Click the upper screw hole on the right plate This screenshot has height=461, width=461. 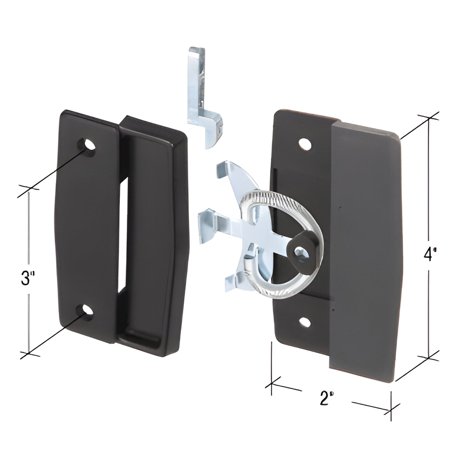click(305, 144)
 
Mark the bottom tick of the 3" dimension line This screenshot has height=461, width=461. click(29, 353)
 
